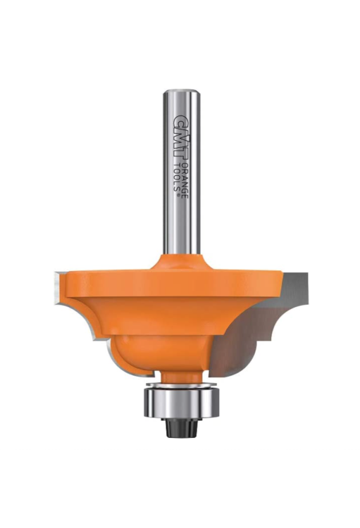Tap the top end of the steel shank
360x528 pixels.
click(182, 91)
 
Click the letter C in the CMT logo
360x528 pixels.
click(182, 120)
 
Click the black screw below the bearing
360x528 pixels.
click(182, 428)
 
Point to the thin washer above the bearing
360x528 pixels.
click(182, 386)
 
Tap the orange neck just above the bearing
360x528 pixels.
click(182, 377)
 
